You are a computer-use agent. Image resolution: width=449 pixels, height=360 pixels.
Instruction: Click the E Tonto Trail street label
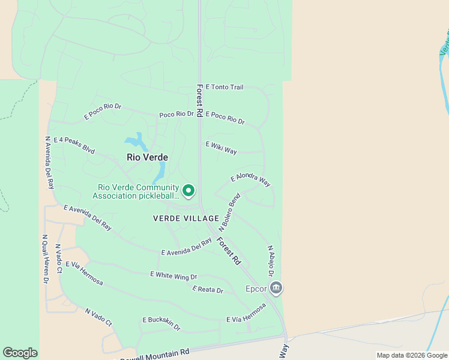pos(224,87)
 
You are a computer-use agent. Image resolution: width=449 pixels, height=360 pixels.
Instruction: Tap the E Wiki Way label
pos(221,148)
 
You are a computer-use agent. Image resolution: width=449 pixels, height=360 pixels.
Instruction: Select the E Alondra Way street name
pos(251,180)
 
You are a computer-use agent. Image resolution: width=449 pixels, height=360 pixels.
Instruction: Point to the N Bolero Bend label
pos(229,212)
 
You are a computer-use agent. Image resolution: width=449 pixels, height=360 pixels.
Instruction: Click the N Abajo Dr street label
pos(271,260)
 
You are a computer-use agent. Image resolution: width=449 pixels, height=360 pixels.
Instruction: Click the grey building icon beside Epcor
pos(276,289)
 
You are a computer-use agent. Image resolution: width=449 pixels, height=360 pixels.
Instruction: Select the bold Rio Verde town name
pos(147,157)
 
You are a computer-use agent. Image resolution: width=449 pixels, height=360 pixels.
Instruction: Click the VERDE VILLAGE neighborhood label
pos(186,218)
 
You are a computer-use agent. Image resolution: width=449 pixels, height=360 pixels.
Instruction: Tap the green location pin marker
pos(188,191)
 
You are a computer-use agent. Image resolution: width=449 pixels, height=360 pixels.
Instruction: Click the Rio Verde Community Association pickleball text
pos(136,191)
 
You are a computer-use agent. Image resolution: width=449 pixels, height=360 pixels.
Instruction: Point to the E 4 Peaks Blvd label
pos(74,145)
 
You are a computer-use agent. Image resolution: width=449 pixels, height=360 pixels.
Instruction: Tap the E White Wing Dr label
pos(173,275)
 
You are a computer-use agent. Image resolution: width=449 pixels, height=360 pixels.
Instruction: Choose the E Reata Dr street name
pos(208,290)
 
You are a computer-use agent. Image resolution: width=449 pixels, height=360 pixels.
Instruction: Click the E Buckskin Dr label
pos(161,323)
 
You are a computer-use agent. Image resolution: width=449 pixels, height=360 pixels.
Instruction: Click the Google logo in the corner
pos(20,353)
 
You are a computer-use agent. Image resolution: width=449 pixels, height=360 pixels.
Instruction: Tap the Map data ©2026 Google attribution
pos(412,355)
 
